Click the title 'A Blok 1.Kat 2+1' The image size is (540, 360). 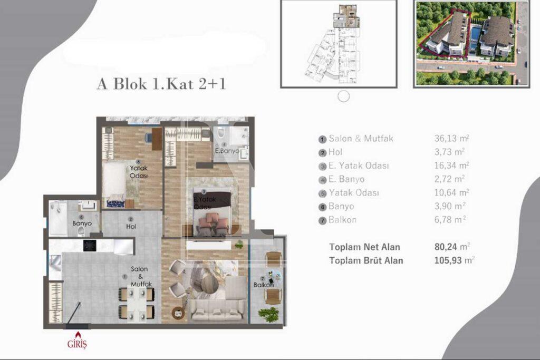(x=161, y=84)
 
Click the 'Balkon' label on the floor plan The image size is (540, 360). (x=263, y=285)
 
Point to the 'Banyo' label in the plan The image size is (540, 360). (x=82, y=223)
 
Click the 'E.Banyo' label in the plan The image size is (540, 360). (x=227, y=151)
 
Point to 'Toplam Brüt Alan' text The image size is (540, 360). (x=366, y=260)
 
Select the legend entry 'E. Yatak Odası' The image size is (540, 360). (x=359, y=166)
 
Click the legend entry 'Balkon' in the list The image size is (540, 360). (x=342, y=220)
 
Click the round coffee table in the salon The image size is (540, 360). (x=209, y=285)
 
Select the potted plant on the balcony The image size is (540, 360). (x=269, y=315)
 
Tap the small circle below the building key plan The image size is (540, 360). (x=343, y=96)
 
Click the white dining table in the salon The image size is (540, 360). (x=137, y=305)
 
